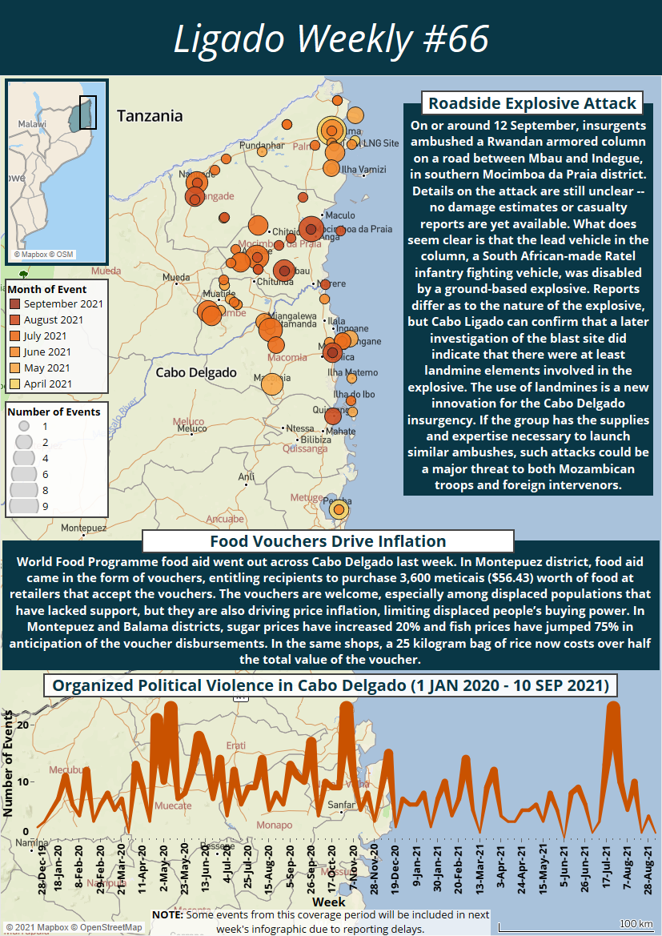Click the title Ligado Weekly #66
(331, 38)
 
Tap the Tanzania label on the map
(150, 116)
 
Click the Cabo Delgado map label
(196, 372)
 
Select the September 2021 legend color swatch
(15, 304)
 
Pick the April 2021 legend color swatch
(15, 384)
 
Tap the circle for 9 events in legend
(25, 505)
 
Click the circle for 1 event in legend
(25, 427)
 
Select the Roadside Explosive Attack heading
(532, 103)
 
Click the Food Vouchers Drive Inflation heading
(327, 541)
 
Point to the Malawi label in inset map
(32, 125)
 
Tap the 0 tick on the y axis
(26, 831)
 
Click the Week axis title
(329, 902)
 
